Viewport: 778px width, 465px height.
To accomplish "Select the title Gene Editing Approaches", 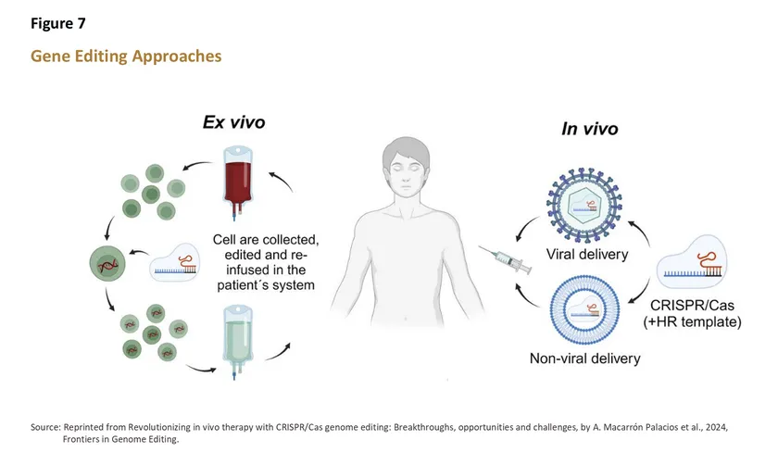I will click(126, 57).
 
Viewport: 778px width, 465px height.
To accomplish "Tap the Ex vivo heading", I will click(236, 122).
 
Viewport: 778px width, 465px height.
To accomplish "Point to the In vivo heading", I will click(589, 129).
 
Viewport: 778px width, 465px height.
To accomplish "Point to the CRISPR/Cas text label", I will click(692, 304).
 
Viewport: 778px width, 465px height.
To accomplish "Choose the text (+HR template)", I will click(692, 321).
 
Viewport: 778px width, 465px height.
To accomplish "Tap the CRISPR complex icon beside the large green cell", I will click(174, 267).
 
